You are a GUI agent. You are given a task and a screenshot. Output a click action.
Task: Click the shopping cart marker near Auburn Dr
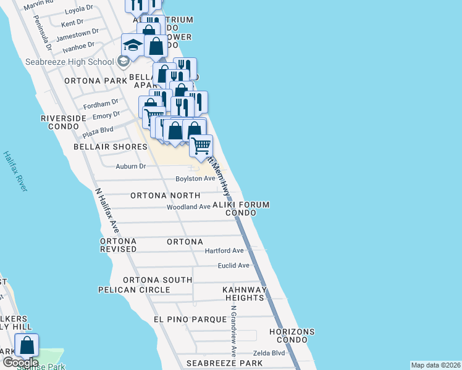coord(201,146)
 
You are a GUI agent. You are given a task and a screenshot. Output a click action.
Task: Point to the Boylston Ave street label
coord(195,179)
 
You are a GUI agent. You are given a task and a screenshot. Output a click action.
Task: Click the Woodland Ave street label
coord(188,207)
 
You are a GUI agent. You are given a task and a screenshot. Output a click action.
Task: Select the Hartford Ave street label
coord(225,251)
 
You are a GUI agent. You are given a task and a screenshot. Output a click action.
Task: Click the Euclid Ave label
coord(233,266)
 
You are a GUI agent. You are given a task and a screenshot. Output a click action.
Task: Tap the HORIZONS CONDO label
coord(292,335)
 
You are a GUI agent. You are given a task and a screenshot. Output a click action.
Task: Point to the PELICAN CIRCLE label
coord(134,290)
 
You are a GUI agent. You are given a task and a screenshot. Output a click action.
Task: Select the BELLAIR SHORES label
coord(111,147)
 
